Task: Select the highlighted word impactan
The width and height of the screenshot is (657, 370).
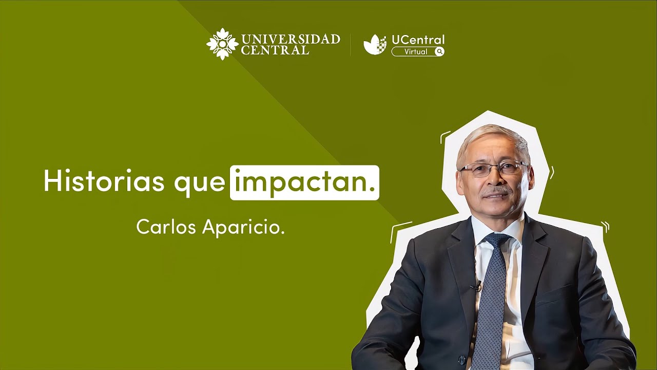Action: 304,182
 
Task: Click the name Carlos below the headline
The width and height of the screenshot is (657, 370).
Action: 167,227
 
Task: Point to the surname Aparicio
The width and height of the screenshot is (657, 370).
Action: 243,227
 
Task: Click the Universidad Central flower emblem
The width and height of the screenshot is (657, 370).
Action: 222,44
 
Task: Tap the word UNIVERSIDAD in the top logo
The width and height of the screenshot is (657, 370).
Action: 290,39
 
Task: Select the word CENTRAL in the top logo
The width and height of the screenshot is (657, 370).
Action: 275,50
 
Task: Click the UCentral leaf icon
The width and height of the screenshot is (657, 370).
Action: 375,45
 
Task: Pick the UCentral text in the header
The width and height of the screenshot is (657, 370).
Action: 418,40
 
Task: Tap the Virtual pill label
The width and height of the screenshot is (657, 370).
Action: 415,51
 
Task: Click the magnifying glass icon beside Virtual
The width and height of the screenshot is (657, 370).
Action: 439,51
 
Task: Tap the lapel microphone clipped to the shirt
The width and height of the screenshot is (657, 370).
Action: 478,284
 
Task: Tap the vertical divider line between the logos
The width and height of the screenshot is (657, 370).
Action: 351,45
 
